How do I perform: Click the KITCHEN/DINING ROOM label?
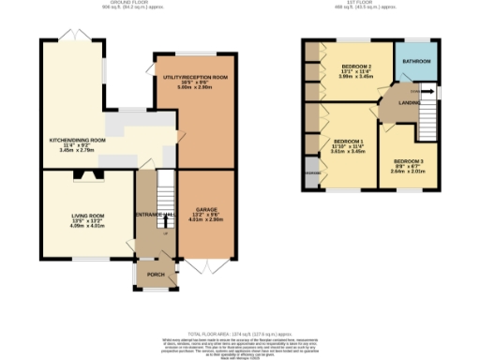[77, 141]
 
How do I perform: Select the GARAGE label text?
[206, 208]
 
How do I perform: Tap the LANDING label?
[409, 103]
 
